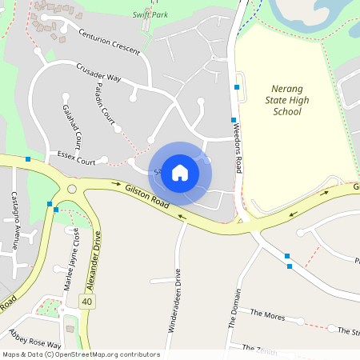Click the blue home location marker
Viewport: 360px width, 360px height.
click(180, 172)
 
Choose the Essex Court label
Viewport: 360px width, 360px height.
click(76, 157)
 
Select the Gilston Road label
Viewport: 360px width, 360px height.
click(147, 197)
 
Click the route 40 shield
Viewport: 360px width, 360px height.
click(87, 302)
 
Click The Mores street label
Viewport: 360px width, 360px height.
click(267, 314)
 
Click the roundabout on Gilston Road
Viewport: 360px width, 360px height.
click(71, 190)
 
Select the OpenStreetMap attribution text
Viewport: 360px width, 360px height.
click(81, 354)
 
